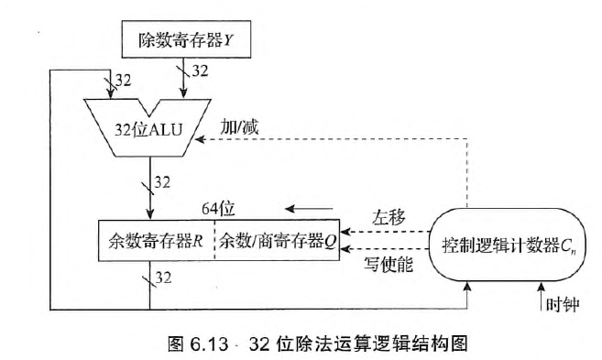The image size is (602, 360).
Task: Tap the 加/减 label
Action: coord(241,125)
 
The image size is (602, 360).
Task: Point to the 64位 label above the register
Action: coord(215,204)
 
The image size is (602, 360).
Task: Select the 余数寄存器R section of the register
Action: coord(155,243)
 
